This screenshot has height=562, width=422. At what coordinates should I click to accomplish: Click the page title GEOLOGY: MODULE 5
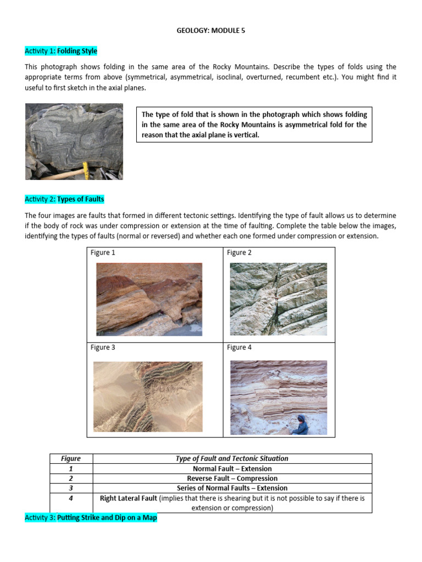click(210, 31)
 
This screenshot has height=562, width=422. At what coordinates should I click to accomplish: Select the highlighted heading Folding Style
click(77, 51)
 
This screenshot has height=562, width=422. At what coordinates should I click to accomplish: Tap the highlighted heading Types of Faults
click(80, 199)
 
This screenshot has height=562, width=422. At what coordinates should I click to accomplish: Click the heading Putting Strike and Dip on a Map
click(107, 517)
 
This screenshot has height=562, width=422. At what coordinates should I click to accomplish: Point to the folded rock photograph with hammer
click(74, 141)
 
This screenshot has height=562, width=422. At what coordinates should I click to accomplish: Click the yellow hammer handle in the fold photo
click(85, 168)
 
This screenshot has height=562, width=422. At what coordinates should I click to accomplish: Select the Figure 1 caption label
click(103, 252)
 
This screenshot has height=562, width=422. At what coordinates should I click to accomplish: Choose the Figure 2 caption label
click(240, 252)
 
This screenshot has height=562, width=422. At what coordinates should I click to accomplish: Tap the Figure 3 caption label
click(103, 347)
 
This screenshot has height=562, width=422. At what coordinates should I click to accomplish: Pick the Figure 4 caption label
click(240, 347)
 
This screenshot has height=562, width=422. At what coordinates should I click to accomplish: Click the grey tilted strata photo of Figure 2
click(278, 299)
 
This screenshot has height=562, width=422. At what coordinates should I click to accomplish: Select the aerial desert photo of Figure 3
click(148, 396)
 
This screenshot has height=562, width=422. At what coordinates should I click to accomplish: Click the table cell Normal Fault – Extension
click(232, 469)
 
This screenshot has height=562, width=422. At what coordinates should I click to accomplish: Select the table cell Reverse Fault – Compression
click(232, 478)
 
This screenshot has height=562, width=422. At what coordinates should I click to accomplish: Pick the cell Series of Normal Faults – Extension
click(232, 488)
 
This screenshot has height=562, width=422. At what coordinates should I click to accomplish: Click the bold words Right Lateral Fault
click(129, 498)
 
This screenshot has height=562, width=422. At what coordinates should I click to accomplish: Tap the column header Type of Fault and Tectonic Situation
click(232, 459)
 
